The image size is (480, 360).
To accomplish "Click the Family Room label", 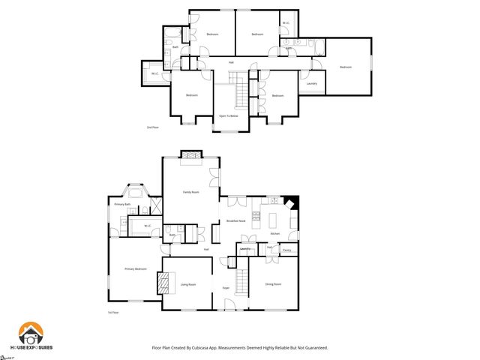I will click(191, 192).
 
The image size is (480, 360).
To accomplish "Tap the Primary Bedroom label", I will click(136, 268).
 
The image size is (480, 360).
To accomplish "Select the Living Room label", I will click(187, 284).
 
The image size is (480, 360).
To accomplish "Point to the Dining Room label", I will click(273, 284).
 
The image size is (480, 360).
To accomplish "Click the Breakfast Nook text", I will click(237, 220).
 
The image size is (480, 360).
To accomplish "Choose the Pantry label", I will click(286, 250).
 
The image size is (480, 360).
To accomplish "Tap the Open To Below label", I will click(229, 116).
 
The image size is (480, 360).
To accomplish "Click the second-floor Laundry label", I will click(312, 83).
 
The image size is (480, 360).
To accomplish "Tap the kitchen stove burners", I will click(256, 217).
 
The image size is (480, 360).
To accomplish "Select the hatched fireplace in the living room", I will click(164, 283).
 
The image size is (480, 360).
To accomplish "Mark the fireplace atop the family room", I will click(193, 155).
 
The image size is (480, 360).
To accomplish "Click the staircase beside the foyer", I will click(242, 282).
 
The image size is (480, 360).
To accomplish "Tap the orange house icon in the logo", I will click(31, 334).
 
